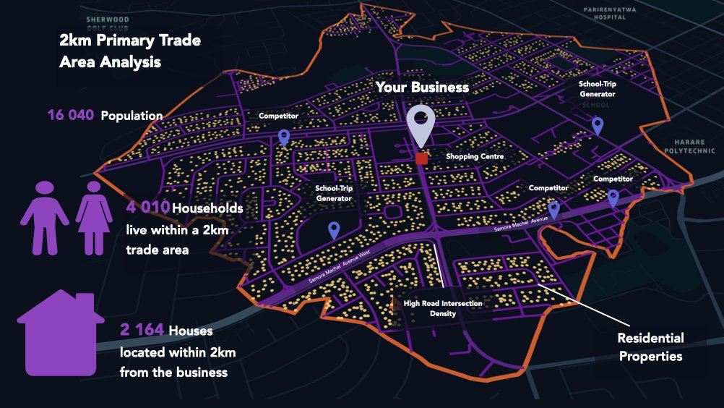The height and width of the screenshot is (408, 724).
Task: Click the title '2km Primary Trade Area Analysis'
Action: point(130,51)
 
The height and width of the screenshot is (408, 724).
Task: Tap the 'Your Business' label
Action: point(421,88)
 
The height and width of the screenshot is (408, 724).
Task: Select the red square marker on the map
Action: point(422,158)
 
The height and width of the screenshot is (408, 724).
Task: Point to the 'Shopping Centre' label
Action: point(474,156)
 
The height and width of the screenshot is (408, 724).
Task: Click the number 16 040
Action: point(71,115)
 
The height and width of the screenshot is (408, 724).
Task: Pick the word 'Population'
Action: point(132,116)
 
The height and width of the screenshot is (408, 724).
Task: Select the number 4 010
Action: point(147,208)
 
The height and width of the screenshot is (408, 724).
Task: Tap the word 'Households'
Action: point(207,208)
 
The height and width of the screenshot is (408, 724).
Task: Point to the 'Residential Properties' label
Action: point(650,347)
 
